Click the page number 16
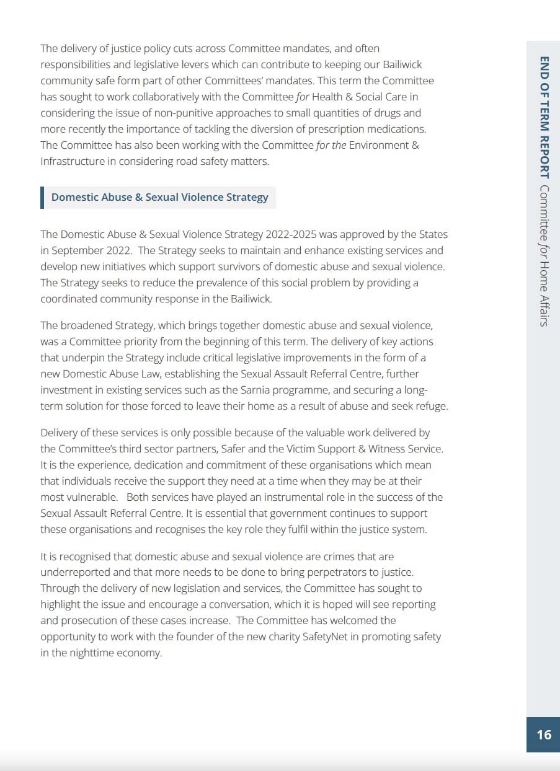click(544, 734)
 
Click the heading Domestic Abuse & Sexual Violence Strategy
click(160, 197)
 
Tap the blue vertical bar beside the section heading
click(42, 197)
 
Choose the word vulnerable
click(91, 497)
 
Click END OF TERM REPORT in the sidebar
click(544, 117)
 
